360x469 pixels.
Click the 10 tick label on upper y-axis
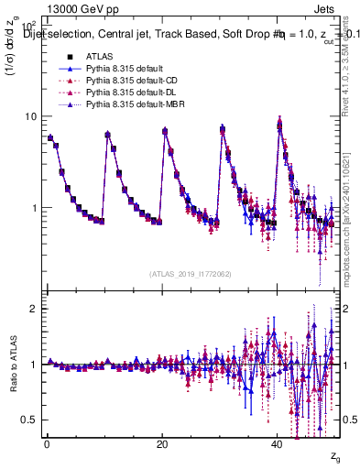tap(30, 116)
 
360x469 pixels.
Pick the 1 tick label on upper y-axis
tap(33, 208)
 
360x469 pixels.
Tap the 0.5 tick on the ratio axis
tap(28, 420)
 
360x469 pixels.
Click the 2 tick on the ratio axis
tap(33, 309)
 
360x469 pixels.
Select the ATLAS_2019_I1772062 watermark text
tap(190, 273)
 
